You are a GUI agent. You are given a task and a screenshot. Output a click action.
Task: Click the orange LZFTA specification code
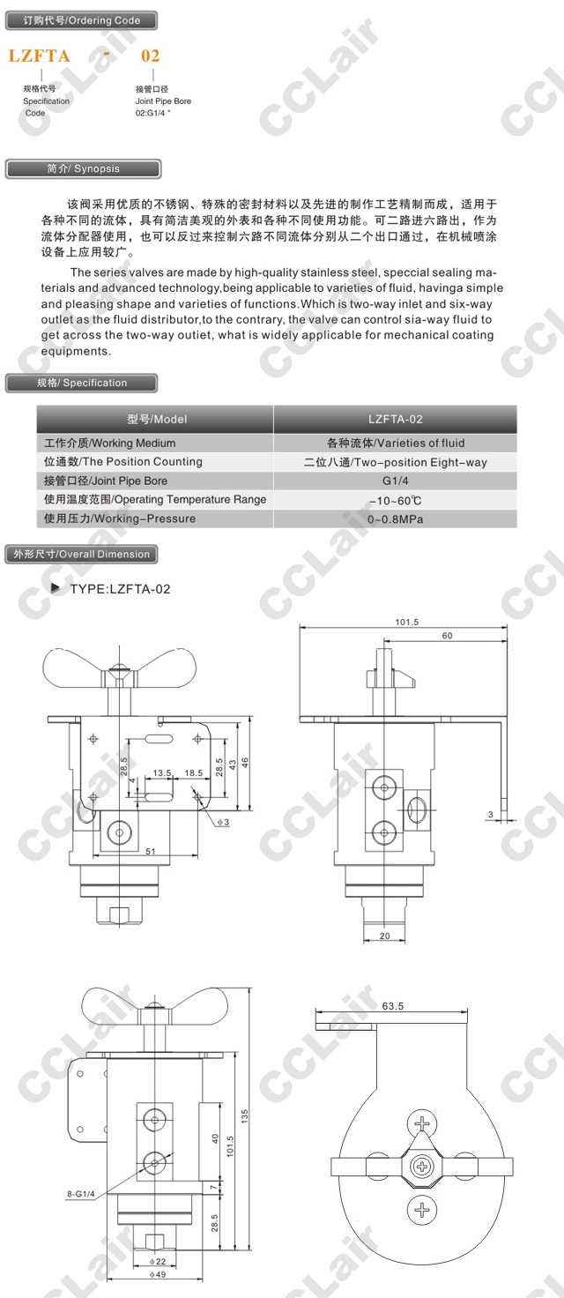(39, 56)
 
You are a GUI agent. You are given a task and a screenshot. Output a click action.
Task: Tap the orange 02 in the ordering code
(150, 56)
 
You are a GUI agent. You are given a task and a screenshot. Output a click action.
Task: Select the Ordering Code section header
(82, 20)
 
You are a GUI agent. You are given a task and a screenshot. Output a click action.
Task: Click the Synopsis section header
(83, 168)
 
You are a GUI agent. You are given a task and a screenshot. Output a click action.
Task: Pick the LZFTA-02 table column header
(396, 419)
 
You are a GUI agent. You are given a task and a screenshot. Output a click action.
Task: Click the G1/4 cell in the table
(396, 481)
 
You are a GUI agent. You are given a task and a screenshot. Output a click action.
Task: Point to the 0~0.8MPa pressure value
(396, 519)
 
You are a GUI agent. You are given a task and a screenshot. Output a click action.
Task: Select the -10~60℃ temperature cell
(396, 500)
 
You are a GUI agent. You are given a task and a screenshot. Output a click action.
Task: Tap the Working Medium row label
(110, 444)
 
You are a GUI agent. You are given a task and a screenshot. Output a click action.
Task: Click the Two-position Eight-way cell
(396, 462)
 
